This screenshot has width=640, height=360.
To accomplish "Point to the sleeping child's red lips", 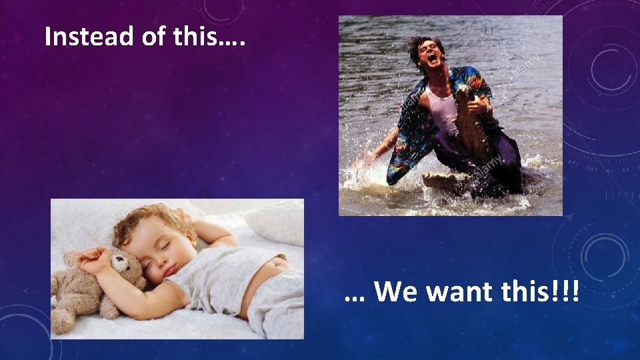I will point(169,269).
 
